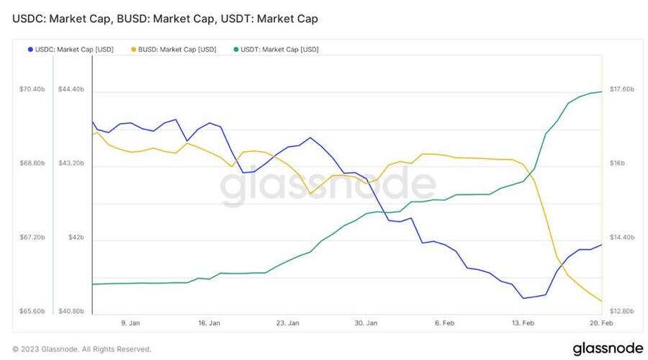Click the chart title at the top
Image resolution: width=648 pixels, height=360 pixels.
165,18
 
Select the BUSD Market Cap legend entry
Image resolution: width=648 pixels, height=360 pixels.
175,50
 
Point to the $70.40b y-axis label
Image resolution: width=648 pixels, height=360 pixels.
32,89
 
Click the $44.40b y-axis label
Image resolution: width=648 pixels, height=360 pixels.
71,89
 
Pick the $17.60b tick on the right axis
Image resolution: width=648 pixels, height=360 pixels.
622,89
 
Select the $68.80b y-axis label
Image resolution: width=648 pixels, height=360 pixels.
32,163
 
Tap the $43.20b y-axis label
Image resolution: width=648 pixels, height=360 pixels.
71,163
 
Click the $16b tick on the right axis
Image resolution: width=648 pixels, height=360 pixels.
617,163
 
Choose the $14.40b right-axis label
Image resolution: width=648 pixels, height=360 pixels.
622,238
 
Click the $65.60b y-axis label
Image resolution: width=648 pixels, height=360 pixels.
32,312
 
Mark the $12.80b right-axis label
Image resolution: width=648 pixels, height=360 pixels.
622,312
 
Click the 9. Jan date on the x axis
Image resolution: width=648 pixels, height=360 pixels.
130,324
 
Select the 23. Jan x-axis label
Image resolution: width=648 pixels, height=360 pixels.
288,324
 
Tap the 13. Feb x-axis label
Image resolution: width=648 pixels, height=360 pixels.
524,324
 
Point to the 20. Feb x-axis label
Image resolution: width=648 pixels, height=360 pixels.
602,324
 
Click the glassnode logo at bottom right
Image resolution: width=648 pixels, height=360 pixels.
608,348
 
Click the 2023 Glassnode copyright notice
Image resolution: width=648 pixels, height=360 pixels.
81,349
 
